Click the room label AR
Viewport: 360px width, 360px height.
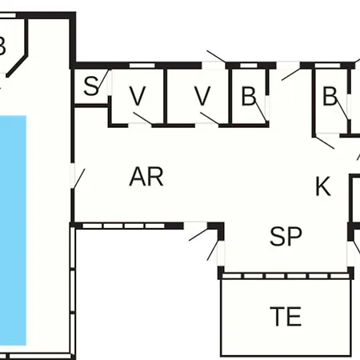(x=146, y=177)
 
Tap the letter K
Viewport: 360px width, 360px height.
(x=323, y=186)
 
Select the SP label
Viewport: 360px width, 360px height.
(x=286, y=236)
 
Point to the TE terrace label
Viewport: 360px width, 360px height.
(x=286, y=316)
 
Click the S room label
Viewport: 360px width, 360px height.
(x=91, y=86)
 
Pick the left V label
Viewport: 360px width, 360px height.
(x=138, y=96)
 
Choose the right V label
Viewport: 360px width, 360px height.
(x=202, y=96)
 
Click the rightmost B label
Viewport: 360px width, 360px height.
(x=330, y=96)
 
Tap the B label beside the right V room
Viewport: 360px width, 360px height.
(x=249, y=96)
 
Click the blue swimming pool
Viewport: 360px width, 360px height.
(x=13, y=230)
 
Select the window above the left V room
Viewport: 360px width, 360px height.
(x=142, y=66)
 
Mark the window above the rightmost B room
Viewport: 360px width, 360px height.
(x=327, y=66)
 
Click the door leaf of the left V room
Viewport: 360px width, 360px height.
(x=143, y=118)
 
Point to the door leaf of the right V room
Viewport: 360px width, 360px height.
(x=210, y=118)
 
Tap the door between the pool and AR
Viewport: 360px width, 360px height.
(x=79, y=178)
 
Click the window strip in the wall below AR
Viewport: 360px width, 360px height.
(x=123, y=226)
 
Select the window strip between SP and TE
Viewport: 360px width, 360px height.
(x=286, y=276)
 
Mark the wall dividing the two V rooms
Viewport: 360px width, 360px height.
(x=166, y=97)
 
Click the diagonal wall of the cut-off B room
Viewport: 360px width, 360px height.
(x=17, y=66)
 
